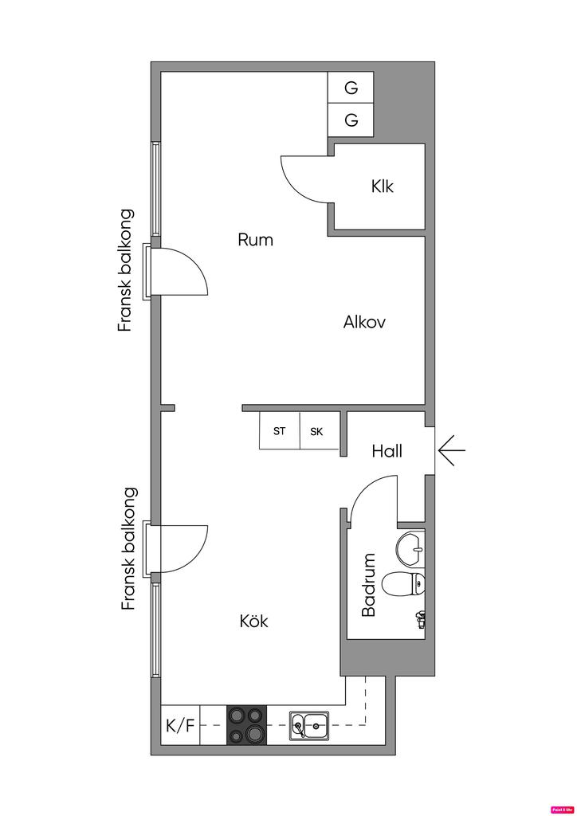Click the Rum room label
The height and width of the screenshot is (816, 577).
(256, 239)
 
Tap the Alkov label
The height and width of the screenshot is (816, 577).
(365, 322)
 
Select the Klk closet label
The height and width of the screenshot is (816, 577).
(383, 187)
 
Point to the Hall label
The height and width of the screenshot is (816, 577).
(387, 451)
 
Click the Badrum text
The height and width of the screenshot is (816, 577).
(368, 586)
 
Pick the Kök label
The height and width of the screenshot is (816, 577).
(254, 621)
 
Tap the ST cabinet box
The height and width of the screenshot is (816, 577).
(280, 431)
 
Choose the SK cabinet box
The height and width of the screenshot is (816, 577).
(317, 431)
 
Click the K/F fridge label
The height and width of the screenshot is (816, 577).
(180, 726)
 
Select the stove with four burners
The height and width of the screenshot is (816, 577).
(246, 725)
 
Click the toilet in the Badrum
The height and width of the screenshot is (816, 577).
(404, 584)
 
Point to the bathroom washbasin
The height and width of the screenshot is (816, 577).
(411, 547)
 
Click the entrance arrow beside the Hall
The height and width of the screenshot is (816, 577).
(451, 451)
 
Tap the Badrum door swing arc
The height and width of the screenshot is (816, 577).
(372, 494)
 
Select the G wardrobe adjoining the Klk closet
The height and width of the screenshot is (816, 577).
(351, 120)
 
